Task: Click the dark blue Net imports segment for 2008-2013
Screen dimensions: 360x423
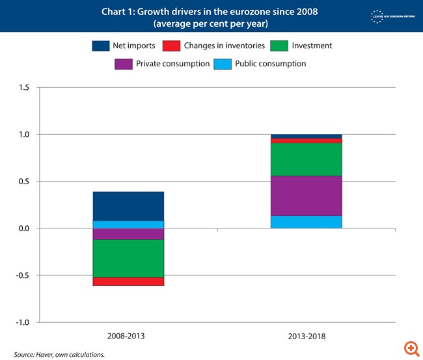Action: (128, 206)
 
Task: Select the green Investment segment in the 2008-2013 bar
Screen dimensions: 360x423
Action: (128, 258)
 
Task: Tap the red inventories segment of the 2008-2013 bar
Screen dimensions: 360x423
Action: (128, 281)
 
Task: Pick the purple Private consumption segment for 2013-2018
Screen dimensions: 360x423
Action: (307, 195)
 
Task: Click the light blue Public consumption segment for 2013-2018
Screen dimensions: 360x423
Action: (307, 222)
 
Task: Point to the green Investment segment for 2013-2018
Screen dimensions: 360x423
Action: (307, 159)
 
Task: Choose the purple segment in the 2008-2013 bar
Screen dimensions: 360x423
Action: (128, 234)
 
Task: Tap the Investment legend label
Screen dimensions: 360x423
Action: (312, 46)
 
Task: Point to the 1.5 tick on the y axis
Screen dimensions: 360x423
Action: (23, 88)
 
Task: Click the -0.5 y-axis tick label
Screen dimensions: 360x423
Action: (22, 275)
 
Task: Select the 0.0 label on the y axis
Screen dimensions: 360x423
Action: (23, 228)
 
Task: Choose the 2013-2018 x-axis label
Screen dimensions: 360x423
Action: (307, 337)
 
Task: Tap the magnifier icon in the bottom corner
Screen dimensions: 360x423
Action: (410, 347)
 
